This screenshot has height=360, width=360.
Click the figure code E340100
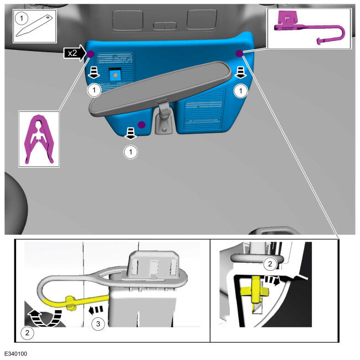[16, 354]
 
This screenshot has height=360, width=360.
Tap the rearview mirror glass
[160, 89]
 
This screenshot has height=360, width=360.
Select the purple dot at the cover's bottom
[142, 125]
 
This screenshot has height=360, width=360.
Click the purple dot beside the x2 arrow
[90, 54]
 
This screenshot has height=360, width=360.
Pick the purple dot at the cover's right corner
[239, 53]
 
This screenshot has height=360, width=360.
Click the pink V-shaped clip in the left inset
[39, 139]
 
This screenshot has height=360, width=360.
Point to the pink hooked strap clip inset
[309, 28]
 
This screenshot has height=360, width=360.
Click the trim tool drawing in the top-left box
[34, 25]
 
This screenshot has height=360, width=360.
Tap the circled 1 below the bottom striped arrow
[131, 152]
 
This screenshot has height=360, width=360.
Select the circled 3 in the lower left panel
[98, 324]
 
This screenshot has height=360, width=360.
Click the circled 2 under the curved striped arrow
[27, 333]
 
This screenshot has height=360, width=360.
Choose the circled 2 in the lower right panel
[270, 264]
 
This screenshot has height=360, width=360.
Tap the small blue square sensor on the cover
[115, 75]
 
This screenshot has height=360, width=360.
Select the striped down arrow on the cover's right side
[240, 73]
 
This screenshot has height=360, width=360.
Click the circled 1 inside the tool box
[22, 18]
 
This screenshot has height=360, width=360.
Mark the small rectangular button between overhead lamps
[164, 25]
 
